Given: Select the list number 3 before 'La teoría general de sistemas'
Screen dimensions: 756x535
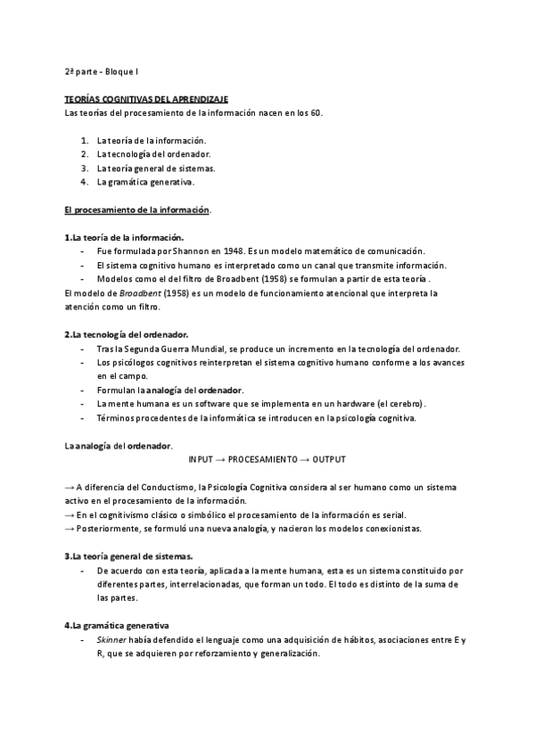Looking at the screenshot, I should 84,168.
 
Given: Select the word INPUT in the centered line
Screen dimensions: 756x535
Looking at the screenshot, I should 201,458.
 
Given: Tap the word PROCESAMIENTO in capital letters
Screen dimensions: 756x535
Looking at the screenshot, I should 263,458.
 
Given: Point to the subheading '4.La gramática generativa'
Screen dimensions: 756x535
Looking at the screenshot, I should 117,625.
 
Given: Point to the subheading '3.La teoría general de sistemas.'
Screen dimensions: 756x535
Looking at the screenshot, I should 128,555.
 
